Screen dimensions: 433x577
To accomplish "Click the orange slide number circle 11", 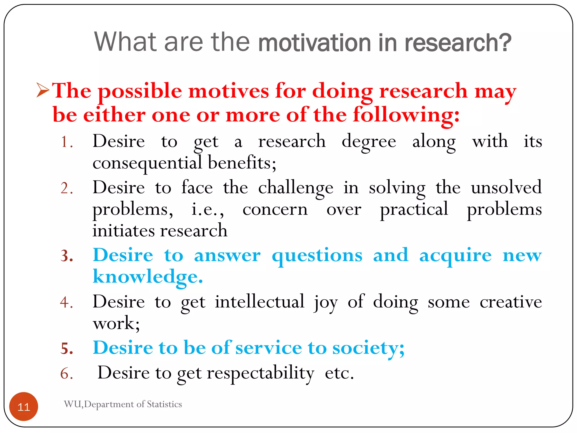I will tap(24, 407).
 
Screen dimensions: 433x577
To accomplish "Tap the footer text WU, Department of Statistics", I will tap(123, 404).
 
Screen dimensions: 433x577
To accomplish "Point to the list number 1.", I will tap(66, 142).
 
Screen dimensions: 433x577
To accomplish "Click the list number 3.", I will tap(67, 256).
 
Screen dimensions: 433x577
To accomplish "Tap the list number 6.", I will tap(66, 374).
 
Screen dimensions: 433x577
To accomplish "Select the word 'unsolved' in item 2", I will tap(506, 187).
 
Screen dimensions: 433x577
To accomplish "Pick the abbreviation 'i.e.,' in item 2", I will tap(208, 210).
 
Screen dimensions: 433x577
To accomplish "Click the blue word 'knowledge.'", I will tap(148, 277).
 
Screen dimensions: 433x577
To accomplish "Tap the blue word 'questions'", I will tap(317, 256).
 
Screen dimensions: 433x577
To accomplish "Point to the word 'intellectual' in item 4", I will tap(259, 302).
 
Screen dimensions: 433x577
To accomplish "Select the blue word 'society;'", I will tap(368, 348).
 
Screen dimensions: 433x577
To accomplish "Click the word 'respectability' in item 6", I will tap(260, 374).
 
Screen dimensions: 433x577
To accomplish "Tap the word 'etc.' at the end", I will tap(339, 373).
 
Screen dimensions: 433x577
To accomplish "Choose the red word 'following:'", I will tap(406, 115).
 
